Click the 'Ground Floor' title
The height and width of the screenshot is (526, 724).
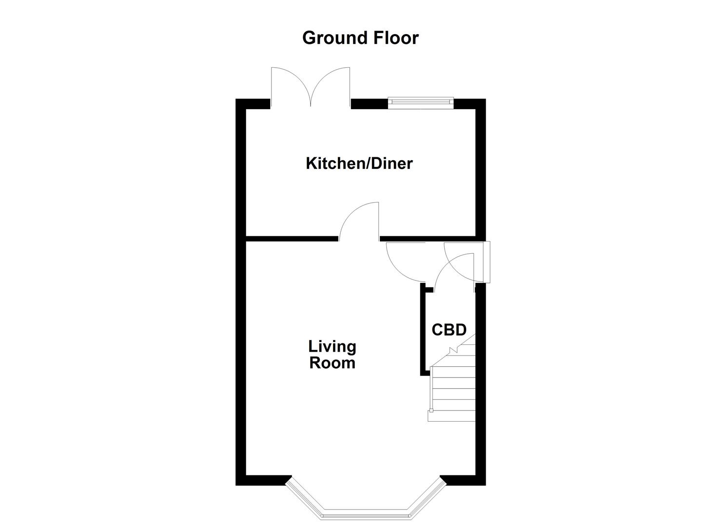pyautogui.click(x=360, y=38)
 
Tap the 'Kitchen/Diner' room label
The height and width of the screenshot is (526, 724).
pyautogui.click(x=359, y=163)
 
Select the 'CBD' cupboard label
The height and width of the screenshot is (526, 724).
pyautogui.click(x=449, y=330)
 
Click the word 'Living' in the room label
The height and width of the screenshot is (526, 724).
pyautogui.click(x=332, y=346)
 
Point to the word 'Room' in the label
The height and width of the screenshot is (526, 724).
pyautogui.click(x=332, y=363)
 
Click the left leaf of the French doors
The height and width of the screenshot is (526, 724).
pyautogui.click(x=291, y=85)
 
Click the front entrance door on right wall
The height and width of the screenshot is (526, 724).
pyautogui.click(x=487, y=262)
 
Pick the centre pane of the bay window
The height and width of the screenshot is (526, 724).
pyautogui.click(x=365, y=513)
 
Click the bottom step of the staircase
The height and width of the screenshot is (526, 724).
pyautogui.click(x=451, y=415)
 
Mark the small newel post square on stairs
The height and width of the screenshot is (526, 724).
pyautogui.click(x=431, y=410)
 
